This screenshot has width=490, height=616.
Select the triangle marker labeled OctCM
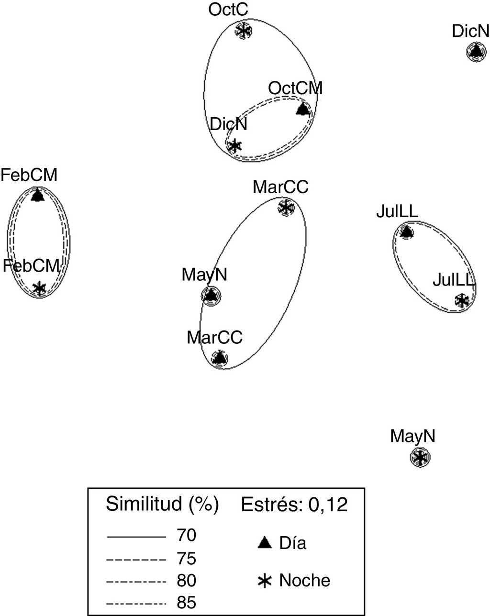point(302,110)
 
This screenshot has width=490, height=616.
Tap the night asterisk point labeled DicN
point(234,146)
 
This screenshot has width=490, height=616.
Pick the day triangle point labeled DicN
point(475,52)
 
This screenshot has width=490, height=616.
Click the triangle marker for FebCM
point(37,195)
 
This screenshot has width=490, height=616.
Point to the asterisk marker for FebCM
point(39,288)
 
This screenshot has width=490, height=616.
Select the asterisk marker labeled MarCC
point(286,208)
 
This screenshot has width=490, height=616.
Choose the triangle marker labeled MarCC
point(219,358)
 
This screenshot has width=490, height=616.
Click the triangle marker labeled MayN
point(210,296)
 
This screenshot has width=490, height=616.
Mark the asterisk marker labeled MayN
point(420,458)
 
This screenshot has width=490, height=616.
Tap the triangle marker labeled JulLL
point(406,232)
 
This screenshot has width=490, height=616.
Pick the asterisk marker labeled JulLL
point(462,300)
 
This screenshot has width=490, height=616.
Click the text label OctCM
point(295,88)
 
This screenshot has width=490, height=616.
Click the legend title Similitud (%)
point(162,504)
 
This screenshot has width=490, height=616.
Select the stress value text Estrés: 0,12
point(294,505)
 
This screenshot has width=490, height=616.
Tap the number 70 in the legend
point(187,536)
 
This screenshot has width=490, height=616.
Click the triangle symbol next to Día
point(265,543)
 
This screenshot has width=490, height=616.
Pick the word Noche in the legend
point(304,580)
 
